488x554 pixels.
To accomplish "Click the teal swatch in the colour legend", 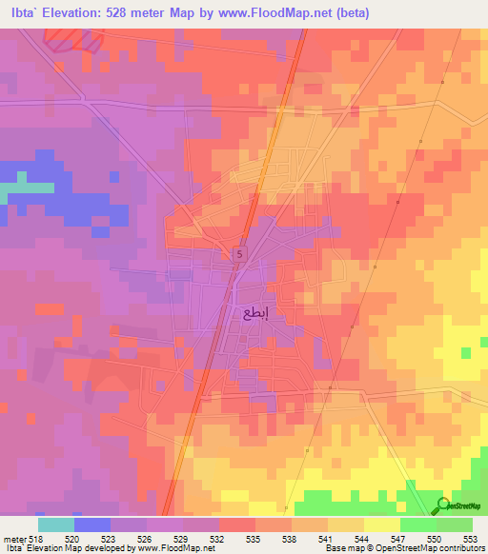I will coord(56,524).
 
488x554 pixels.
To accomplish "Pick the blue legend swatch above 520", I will coord(92,524).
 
